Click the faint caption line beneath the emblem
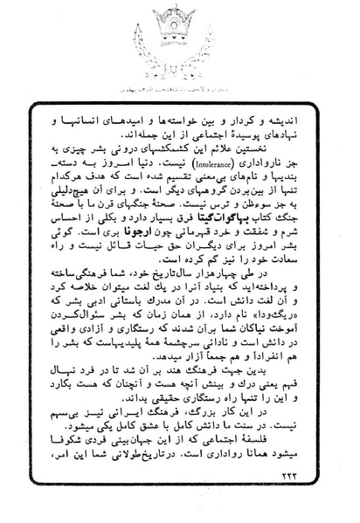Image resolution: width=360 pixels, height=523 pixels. tap(183, 91)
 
